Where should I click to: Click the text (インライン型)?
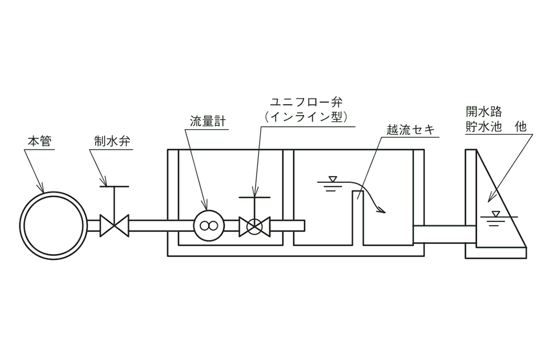[305, 117]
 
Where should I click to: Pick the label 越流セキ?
[409, 130]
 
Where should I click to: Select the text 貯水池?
[485, 127]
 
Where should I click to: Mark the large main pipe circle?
[53, 225]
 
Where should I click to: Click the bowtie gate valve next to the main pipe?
[114, 226]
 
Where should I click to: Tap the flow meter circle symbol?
[208, 226]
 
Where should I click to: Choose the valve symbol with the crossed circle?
[254, 226]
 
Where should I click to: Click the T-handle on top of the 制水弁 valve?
[114, 186]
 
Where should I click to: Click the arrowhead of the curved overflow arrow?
[383, 209]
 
